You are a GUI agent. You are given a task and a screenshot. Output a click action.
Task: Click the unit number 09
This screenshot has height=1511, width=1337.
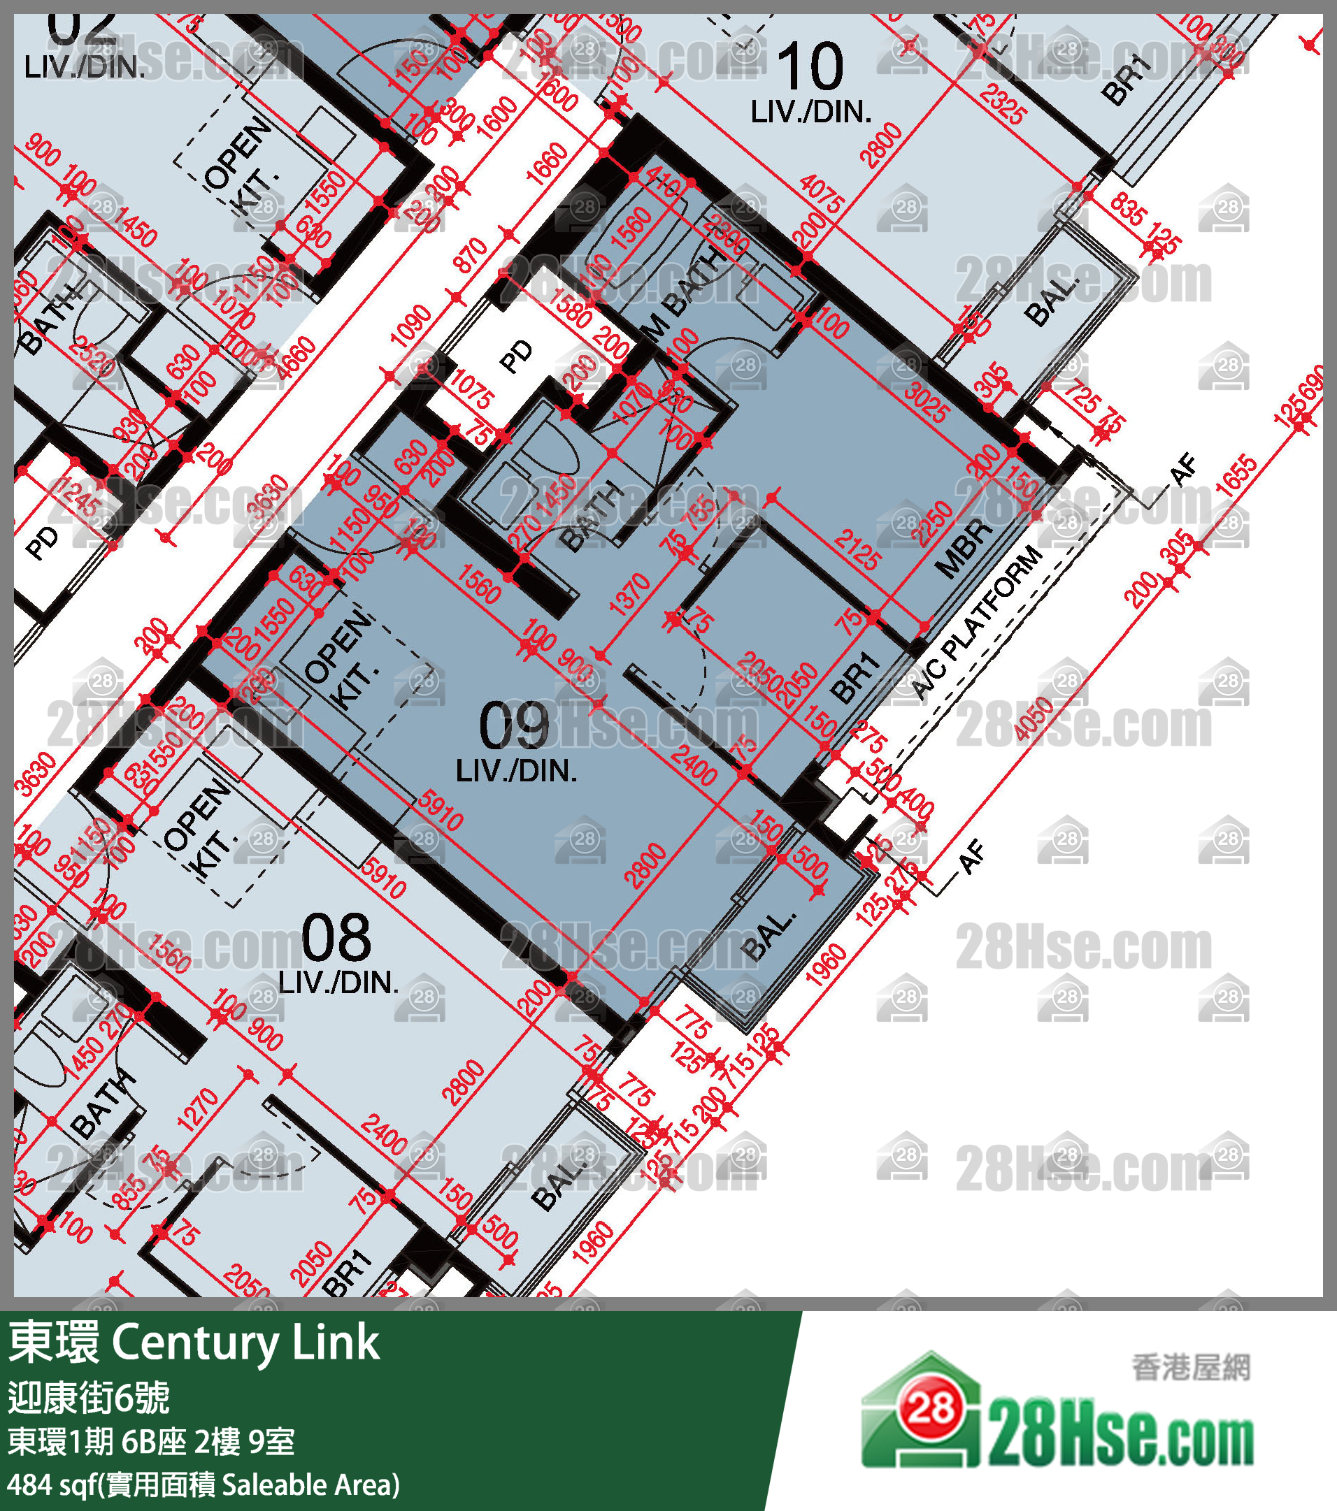[x=514, y=726]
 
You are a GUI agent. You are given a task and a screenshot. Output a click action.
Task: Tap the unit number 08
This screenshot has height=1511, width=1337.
[x=336, y=937]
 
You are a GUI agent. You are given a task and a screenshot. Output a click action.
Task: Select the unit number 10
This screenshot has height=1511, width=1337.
[x=810, y=66]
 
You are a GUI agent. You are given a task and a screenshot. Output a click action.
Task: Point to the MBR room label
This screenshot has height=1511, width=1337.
[x=963, y=548]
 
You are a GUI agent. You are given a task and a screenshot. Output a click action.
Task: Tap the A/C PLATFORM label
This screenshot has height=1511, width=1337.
[x=976, y=623]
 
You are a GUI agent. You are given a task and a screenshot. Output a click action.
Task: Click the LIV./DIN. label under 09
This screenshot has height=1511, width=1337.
[x=516, y=771]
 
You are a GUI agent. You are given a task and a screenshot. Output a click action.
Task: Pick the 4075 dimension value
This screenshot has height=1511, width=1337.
[x=822, y=193]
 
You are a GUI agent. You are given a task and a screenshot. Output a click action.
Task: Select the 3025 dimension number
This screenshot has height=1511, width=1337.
[x=924, y=402]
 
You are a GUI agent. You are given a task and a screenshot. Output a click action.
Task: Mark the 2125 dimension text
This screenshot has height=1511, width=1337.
[x=857, y=549]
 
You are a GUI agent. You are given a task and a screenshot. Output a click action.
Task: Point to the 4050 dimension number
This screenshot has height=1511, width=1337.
[x=1034, y=718]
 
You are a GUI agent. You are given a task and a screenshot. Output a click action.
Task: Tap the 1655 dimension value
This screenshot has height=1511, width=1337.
[x=1236, y=477]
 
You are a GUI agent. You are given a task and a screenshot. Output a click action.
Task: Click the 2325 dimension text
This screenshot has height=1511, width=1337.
[x=1003, y=104]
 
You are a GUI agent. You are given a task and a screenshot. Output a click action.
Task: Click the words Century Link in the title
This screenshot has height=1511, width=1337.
[x=245, y=1343]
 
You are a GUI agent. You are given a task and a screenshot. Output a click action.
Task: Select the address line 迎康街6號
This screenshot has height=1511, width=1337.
[x=89, y=1396]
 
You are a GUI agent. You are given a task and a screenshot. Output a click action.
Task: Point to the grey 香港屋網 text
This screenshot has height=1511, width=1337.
[x=1191, y=1367]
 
